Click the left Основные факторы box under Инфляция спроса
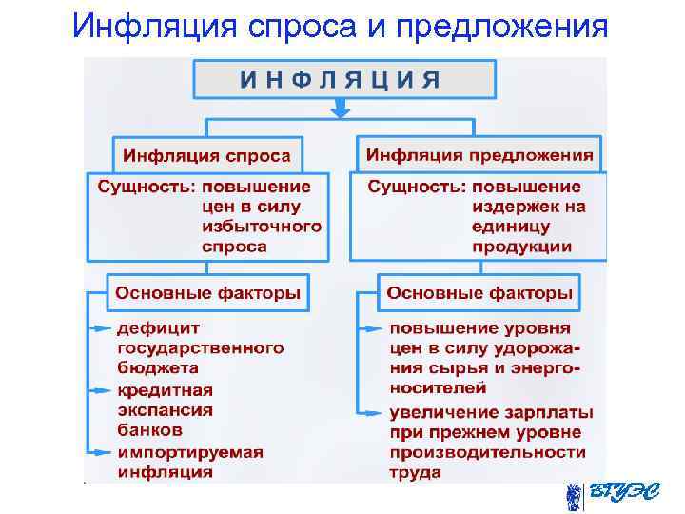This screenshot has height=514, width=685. pos(207,292)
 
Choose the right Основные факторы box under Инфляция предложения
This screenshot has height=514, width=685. pos(479,292)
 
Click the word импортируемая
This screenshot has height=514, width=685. pos(189,451)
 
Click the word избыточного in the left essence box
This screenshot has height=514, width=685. pos(261,227)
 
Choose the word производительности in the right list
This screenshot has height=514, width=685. pos(487,452)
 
